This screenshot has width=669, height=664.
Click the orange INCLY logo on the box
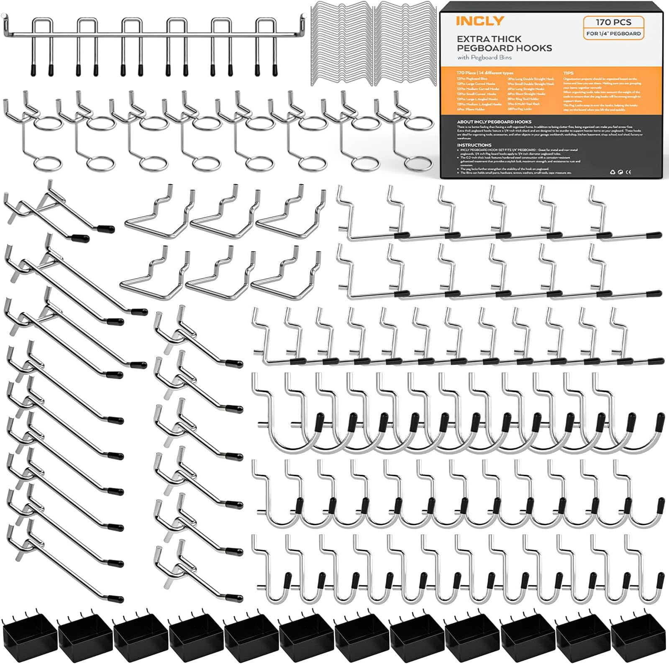click(x=479, y=21)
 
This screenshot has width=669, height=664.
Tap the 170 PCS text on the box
click(x=613, y=22)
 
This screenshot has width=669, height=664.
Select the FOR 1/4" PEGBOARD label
click(x=613, y=33)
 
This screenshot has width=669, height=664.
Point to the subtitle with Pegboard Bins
click(x=484, y=57)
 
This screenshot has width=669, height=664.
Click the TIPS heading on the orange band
click(x=569, y=73)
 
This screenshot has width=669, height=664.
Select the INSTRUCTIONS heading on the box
click(x=474, y=145)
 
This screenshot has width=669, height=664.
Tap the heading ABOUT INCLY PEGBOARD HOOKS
click(x=494, y=122)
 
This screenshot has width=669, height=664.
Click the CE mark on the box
click(x=628, y=172)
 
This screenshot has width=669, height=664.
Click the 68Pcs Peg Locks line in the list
click(x=520, y=109)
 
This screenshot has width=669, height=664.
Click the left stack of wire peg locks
click(x=342, y=44)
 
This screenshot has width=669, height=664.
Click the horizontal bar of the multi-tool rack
click(x=155, y=34)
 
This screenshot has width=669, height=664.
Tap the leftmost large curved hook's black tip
click(x=320, y=418)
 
